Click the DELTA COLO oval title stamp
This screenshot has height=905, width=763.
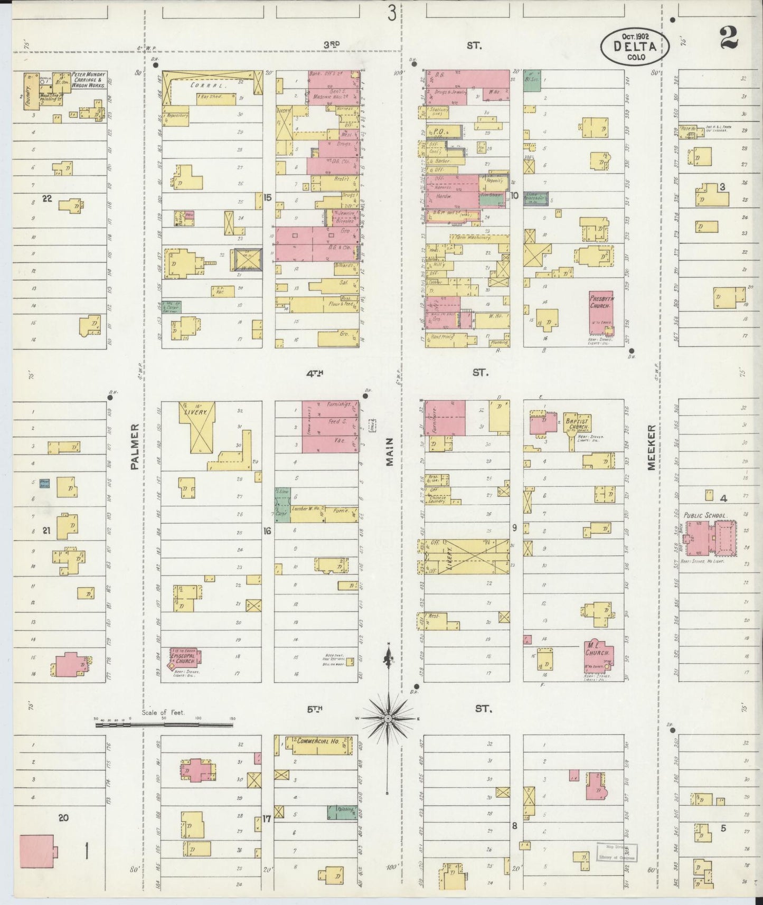click(635, 45)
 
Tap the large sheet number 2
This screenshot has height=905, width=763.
click(729, 37)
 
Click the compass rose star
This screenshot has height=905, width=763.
click(388, 719)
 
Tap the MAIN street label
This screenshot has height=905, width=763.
click(390, 454)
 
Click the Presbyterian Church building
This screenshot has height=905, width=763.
click(601, 314)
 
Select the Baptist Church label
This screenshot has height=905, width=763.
click(577, 422)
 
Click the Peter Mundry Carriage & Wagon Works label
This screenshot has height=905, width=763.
click(89, 80)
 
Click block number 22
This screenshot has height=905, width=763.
click(48, 198)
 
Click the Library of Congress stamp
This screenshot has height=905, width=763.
click(617, 852)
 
